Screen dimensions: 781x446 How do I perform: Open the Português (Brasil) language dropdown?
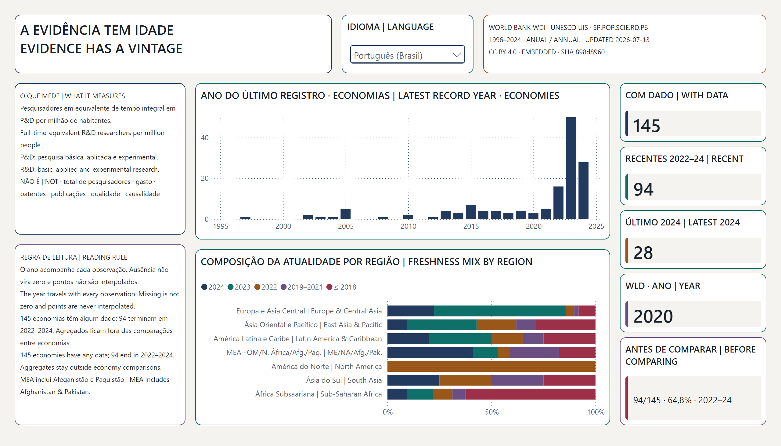tap(407, 55)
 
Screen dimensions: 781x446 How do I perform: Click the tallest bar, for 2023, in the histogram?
tap(571, 168)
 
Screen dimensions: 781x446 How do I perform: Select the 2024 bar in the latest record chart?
tap(583, 191)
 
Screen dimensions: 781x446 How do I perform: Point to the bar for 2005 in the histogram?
tap(346, 214)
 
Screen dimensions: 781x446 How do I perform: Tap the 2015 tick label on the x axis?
tap(471, 226)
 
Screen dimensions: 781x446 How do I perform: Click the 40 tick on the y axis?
tap(205, 138)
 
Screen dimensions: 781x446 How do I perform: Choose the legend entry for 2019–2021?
tap(302, 287)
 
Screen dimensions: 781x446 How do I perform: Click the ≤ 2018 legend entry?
tap(341, 287)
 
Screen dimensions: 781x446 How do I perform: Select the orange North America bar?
tap(491, 366)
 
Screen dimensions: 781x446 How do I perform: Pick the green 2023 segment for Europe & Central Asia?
tap(500, 311)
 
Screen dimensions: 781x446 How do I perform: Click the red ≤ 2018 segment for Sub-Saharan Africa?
tap(531, 394)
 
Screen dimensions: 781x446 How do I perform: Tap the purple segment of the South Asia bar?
tap(518, 380)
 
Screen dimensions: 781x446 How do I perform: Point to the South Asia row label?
tap(344, 380)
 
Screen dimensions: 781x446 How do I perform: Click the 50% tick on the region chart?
tap(491, 412)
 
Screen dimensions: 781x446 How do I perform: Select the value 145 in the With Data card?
tap(647, 126)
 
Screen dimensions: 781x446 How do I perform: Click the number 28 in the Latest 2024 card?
tap(643, 253)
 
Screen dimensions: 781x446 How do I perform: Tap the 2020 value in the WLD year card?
tap(653, 316)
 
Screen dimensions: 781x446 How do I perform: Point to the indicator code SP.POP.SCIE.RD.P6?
tap(621, 27)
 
